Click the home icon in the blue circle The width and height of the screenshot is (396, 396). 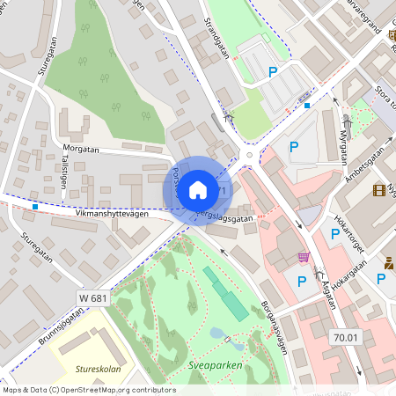tap(198, 190)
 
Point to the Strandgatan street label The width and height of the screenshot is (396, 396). tap(216, 36)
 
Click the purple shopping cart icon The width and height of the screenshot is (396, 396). tap(304, 257)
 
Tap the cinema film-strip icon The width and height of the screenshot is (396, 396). tap(378, 190)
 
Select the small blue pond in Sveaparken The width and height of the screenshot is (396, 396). tap(216, 334)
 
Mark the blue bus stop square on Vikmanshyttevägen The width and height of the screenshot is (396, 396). tap(34, 206)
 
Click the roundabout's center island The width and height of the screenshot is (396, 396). tap(249, 156)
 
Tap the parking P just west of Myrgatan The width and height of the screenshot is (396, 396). tap(294, 147)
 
